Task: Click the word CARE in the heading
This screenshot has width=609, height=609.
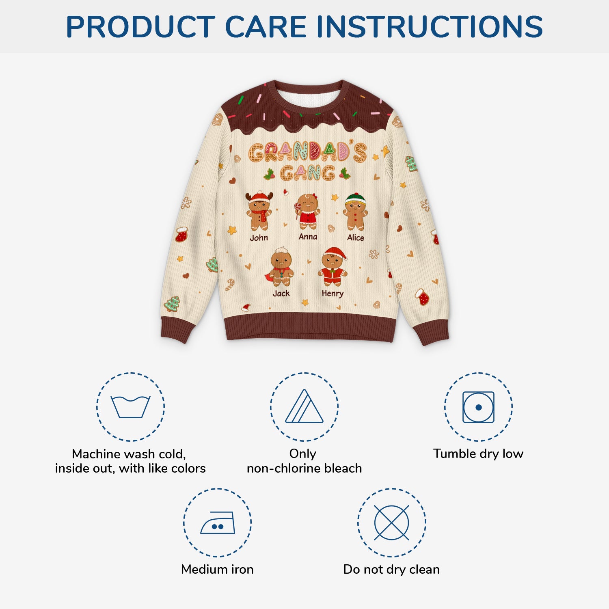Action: (x=266, y=27)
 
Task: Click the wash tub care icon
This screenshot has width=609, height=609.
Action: (x=130, y=407)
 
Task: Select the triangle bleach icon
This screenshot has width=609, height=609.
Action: (x=304, y=407)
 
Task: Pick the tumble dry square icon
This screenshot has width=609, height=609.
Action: (x=478, y=407)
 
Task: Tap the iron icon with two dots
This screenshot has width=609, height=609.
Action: (x=218, y=523)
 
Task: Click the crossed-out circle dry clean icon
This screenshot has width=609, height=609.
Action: (x=391, y=523)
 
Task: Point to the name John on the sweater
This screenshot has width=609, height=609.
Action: (x=259, y=238)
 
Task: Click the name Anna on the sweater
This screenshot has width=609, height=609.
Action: (x=308, y=237)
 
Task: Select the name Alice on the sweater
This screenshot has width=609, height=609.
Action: (x=356, y=238)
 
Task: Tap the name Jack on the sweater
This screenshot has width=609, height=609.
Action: (x=281, y=294)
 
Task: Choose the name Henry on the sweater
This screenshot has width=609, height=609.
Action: (x=333, y=294)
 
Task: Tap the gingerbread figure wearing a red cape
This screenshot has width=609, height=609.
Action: (x=281, y=268)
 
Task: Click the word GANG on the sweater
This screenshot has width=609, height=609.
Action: (x=307, y=173)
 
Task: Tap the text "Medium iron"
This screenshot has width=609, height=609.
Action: (x=217, y=569)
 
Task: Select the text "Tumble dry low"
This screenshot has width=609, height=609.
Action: (x=478, y=454)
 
